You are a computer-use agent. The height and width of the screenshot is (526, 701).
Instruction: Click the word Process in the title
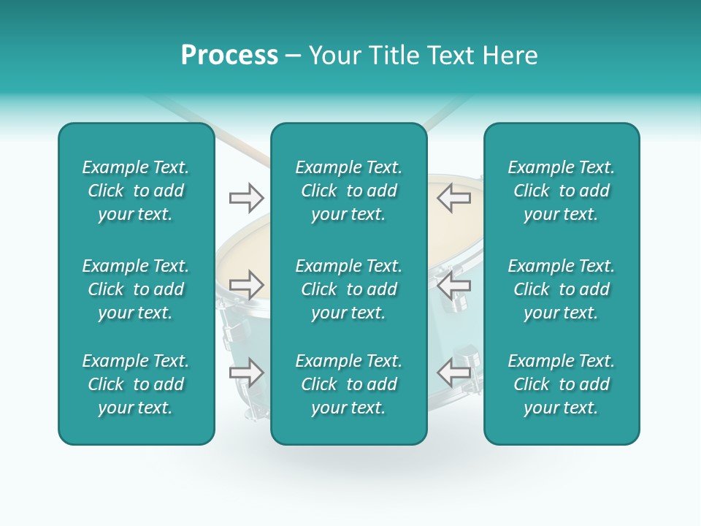pyautogui.click(x=229, y=56)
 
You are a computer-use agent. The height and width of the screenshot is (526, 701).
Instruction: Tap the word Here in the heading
pyautogui.click(x=510, y=56)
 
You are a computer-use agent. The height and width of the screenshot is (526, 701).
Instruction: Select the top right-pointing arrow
pyautogui.click(x=246, y=197)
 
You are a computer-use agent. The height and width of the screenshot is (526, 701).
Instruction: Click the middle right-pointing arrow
pyautogui.click(x=246, y=285)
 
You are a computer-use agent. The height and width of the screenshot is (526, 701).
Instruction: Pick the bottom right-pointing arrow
pyautogui.click(x=246, y=373)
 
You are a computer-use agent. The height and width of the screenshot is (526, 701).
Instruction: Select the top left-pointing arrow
pyautogui.click(x=453, y=197)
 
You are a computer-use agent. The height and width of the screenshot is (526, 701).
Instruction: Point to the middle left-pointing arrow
pyautogui.click(x=453, y=285)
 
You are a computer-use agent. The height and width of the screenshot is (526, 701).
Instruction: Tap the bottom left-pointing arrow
pyautogui.click(x=453, y=373)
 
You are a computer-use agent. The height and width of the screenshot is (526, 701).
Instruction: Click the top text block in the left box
pyautogui.click(x=136, y=191)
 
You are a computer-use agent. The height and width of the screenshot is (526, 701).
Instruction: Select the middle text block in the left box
pyautogui.click(x=136, y=289)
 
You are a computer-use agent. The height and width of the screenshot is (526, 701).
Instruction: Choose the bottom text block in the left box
pyautogui.click(x=136, y=384)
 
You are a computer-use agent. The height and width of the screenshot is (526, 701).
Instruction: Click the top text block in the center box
pyautogui.click(x=349, y=191)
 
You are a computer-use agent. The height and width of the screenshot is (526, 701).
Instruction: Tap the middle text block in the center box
pyautogui.click(x=349, y=289)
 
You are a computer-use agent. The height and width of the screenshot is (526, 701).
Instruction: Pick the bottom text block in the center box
pyautogui.click(x=349, y=384)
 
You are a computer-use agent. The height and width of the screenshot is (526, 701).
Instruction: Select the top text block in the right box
pyautogui.click(x=562, y=191)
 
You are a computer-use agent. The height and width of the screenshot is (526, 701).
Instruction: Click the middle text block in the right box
pyautogui.click(x=562, y=289)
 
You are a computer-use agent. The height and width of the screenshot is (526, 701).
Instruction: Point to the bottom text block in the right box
pyautogui.click(x=562, y=384)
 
